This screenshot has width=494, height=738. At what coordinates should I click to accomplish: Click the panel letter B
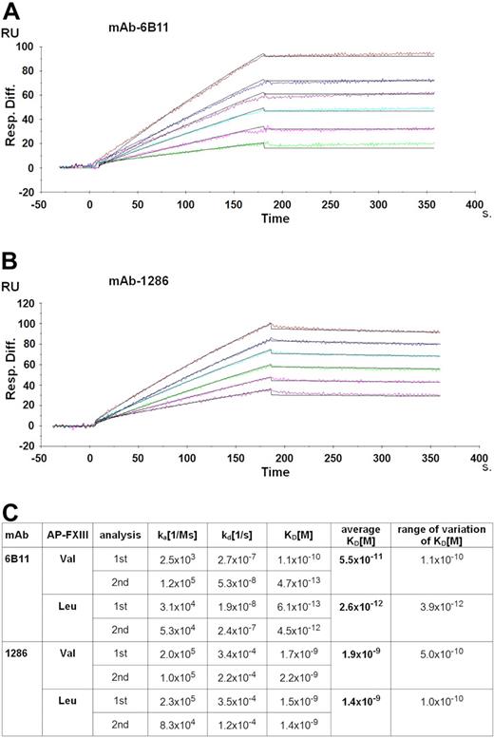(12, 259)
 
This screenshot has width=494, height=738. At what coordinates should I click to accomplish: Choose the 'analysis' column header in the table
(120, 536)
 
